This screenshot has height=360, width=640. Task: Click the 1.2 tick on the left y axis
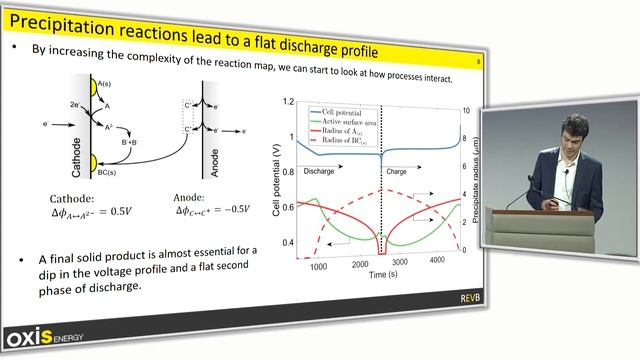coord(289,102)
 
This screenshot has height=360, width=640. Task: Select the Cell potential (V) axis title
coord(276,180)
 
